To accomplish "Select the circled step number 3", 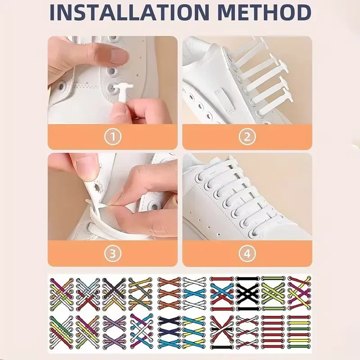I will tap(112, 254).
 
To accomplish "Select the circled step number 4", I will tap(247, 254).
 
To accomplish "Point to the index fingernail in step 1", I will tap(120, 56).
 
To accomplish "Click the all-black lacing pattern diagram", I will tap(247, 292).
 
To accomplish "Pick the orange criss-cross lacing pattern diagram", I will tap(169, 292).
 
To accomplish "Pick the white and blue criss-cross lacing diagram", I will tap(194, 292).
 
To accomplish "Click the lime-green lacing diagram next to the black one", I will tap(273, 292).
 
